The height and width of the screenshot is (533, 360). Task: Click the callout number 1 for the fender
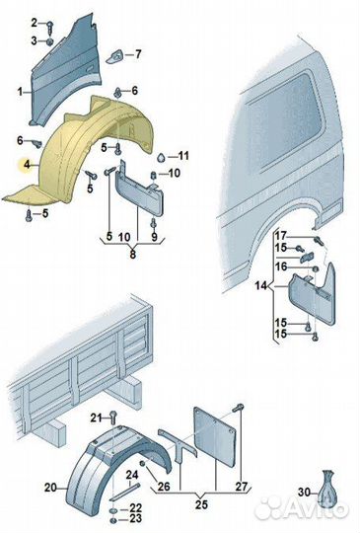coord(20,92)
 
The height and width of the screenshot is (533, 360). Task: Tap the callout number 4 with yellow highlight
coord(27,165)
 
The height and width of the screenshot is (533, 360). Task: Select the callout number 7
coord(138,54)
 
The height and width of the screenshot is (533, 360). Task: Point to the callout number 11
coord(183,156)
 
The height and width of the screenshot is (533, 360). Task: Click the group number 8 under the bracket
coord(133,254)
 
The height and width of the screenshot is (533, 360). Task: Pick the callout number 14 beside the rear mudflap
coord(261,285)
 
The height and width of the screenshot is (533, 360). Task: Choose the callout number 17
coord(281,236)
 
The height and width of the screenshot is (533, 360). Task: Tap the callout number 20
coord(50,488)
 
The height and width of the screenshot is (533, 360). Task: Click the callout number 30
coord(305,492)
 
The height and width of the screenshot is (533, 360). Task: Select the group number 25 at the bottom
coord(201,504)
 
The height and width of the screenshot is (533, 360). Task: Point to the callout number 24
coord(132,475)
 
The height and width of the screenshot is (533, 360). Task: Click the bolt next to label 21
coord(113,418)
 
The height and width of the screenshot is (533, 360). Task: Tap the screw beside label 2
coord(50,27)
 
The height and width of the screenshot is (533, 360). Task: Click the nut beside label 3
coord(49,41)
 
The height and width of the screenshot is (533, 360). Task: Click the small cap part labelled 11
coord(161,157)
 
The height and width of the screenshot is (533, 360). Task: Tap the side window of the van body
coord(284,120)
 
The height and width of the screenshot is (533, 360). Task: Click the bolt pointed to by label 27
coord(239,408)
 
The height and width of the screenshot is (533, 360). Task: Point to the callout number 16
coord(281,266)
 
